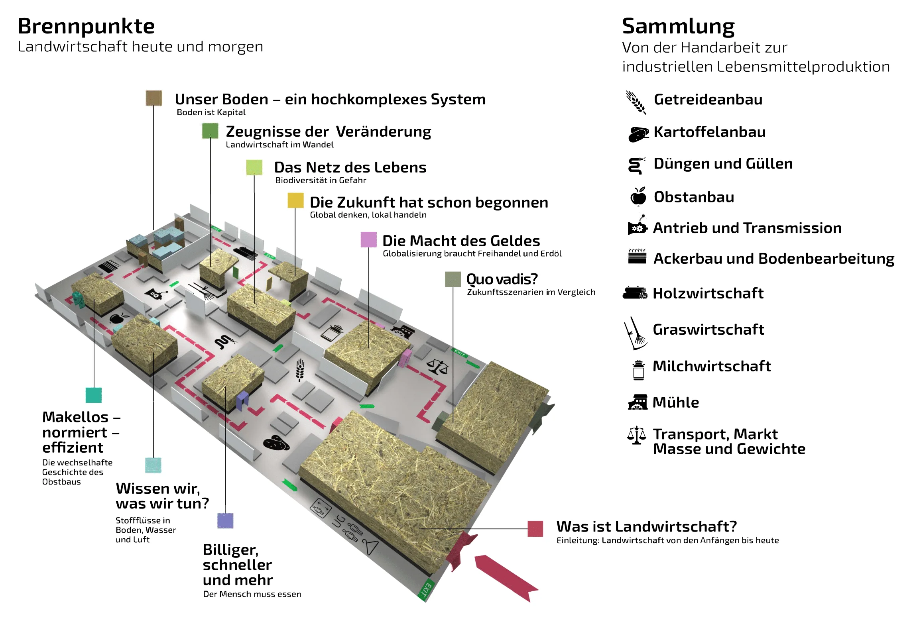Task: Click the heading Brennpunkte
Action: pos(86,26)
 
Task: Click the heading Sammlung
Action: pos(678,26)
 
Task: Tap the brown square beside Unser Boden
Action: pos(153,98)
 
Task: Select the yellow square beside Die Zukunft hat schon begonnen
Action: pos(295,200)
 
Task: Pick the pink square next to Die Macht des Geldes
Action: pos(368,239)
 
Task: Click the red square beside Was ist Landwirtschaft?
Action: pos(535,529)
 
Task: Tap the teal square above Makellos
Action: pos(94,395)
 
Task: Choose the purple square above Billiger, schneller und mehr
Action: pos(225,521)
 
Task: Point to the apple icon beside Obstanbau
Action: pos(638,196)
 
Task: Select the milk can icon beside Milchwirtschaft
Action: pos(638,370)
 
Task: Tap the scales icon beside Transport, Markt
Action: pos(637,435)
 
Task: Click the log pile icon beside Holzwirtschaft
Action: pos(635,293)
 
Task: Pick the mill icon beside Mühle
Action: pos(638,402)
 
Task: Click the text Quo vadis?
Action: pos(502,279)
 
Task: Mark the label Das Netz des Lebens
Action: pos(350,167)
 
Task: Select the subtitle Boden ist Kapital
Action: pos(211,112)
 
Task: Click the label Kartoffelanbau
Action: pos(709,132)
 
